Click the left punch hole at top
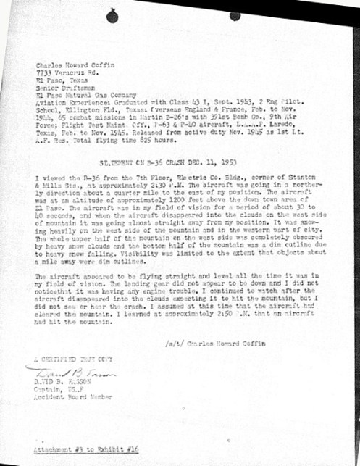point(112,16)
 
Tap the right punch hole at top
point(235,16)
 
